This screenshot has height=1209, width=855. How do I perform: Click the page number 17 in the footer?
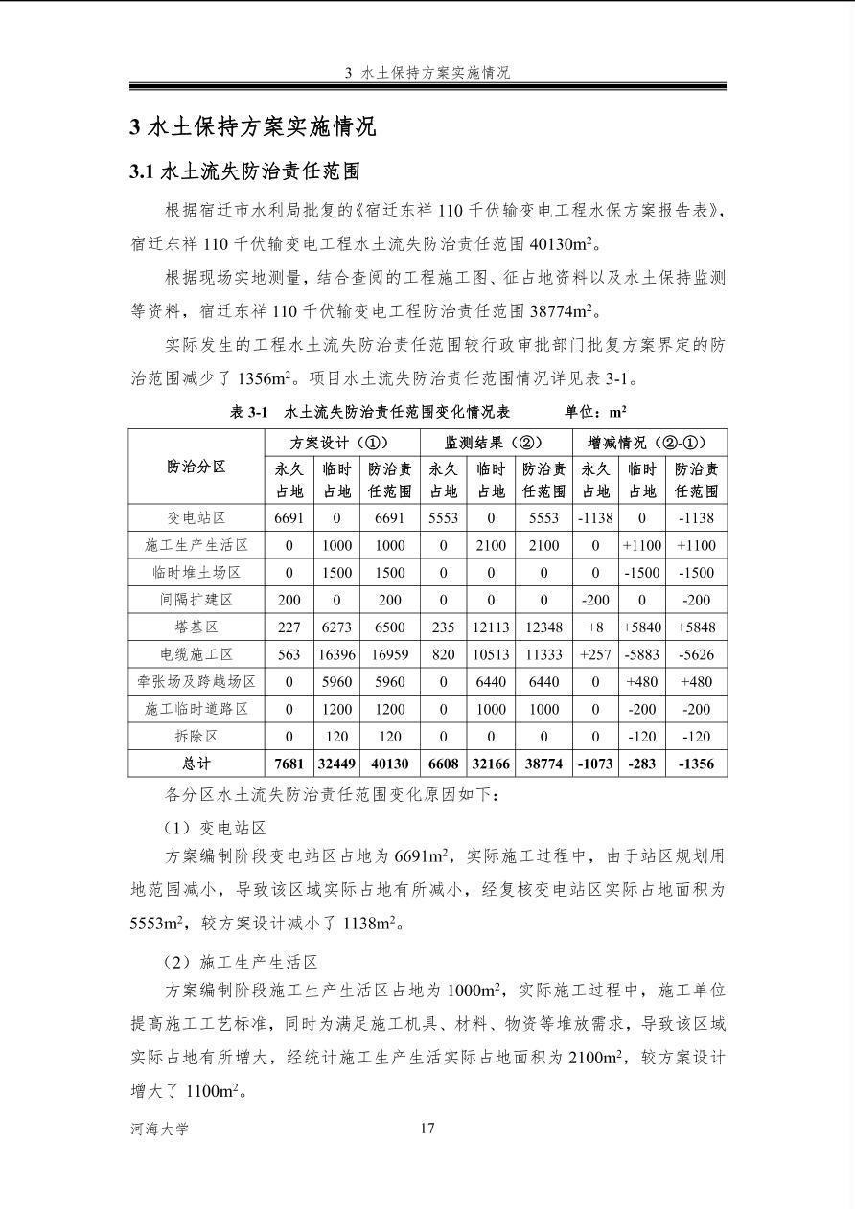point(427,1128)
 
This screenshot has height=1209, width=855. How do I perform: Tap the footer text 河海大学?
point(160,1129)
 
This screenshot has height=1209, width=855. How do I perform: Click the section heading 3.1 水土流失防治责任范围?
point(244,171)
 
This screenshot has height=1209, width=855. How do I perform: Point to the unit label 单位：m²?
point(595,412)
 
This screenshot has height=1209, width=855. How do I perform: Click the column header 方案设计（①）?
point(341,443)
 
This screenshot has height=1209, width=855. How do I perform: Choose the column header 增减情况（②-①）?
point(650,443)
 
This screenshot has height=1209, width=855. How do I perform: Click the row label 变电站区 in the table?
point(196,517)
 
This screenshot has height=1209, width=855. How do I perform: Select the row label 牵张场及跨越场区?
point(196,682)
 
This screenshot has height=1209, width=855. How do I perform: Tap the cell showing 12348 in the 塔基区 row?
point(543,627)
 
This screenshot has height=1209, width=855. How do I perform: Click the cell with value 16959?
point(389,654)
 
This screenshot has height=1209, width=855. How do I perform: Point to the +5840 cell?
point(642,627)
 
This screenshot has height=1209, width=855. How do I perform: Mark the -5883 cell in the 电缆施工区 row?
point(642,654)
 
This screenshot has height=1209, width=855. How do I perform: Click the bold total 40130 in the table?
point(389,764)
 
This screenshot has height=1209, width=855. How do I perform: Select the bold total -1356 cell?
point(697,764)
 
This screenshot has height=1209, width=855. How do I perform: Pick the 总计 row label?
point(196,764)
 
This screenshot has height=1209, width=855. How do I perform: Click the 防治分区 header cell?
point(196,467)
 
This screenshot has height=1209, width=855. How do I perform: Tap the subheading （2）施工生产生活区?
point(241,962)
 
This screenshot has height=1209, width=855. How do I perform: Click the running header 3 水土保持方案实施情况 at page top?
point(427,73)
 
